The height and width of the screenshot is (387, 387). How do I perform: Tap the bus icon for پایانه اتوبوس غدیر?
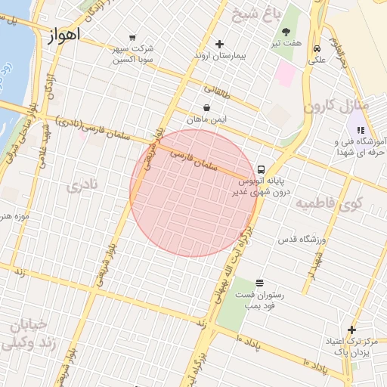261,169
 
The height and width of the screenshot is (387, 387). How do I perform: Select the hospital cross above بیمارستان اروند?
220,44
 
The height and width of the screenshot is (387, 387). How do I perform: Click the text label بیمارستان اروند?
219,56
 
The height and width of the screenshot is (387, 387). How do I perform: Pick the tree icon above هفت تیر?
286,32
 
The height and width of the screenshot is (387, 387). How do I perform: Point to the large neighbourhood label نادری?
82,186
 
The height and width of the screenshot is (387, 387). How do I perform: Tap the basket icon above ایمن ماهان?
207,108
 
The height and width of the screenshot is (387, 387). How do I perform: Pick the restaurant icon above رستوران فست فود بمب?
260,283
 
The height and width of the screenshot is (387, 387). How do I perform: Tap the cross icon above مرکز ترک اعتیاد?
351,329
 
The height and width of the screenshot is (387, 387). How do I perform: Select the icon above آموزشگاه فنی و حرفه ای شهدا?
360,130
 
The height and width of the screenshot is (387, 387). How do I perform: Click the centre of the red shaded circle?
193,193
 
